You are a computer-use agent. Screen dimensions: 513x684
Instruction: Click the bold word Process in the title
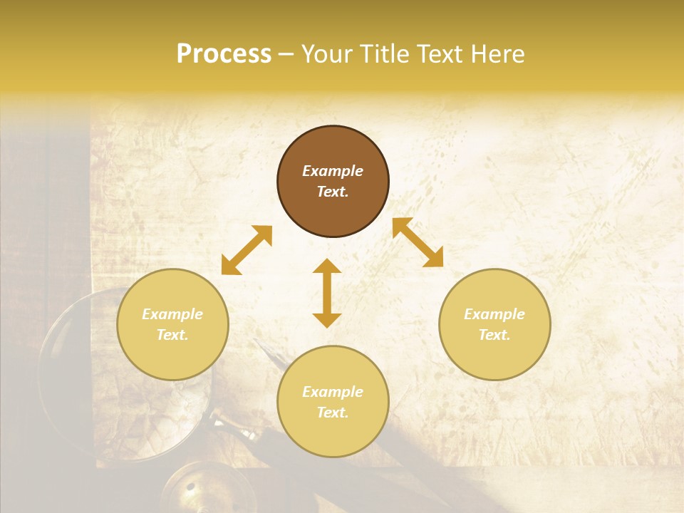point(224,54)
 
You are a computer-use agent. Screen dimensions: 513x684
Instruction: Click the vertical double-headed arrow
point(327,293)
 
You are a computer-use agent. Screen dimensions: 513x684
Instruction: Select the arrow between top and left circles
point(247,250)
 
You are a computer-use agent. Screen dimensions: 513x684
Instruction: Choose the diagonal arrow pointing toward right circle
point(418,242)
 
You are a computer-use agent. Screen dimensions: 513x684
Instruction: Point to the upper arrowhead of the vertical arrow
point(327,266)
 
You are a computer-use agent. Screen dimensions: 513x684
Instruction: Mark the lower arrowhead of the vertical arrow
point(327,320)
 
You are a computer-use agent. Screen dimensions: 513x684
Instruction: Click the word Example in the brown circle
point(333,171)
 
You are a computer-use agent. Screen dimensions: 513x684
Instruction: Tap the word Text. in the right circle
point(494,335)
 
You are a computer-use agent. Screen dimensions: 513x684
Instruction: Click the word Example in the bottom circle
point(333,392)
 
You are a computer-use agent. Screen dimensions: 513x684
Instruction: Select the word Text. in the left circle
point(172,335)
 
